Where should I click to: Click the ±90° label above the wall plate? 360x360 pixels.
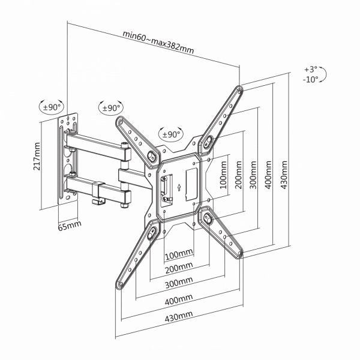point(52,107)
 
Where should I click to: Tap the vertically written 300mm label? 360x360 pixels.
point(254,173)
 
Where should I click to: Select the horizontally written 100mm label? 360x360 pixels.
point(179,253)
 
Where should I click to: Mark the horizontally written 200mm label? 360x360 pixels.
point(179,268)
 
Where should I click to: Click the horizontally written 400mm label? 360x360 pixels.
point(179,298)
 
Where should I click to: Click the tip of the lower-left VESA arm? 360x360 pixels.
point(118,285)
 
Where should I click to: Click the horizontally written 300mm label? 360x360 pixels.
point(179,282)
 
